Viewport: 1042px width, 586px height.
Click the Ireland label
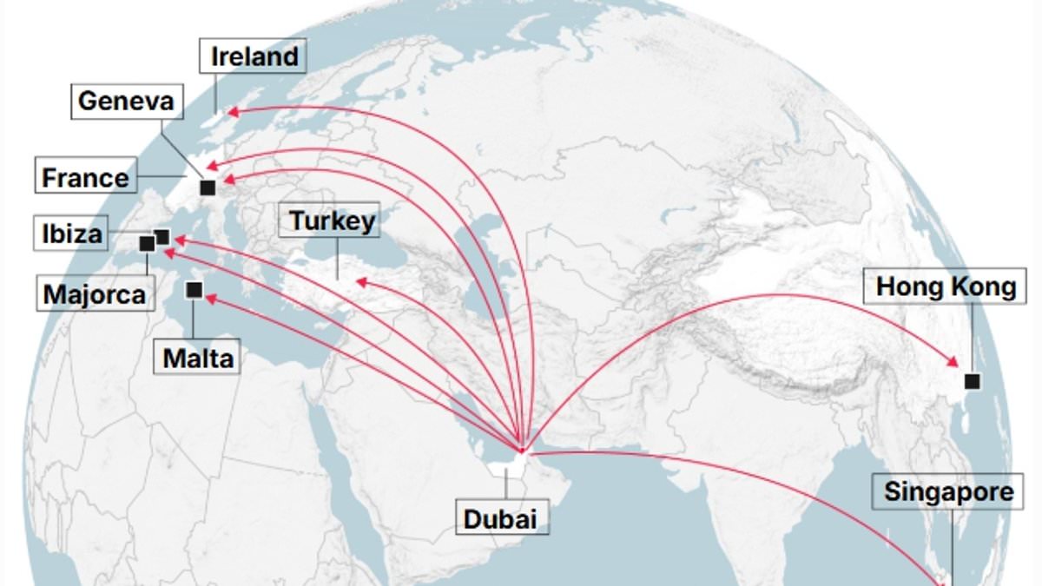[x=254, y=57]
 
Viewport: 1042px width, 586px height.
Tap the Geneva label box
[x=126, y=102]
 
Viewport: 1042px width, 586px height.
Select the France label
[x=85, y=178]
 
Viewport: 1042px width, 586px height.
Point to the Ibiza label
[x=72, y=234]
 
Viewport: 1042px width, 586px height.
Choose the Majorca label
[x=94, y=293]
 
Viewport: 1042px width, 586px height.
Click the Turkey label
[x=332, y=221]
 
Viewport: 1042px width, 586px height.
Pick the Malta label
[x=198, y=356]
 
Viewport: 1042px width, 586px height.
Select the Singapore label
[x=947, y=492]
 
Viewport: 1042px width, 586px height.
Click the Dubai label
[x=499, y=519]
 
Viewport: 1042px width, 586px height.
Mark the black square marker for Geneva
[x=207, y=187]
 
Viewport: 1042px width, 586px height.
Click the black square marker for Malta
[x=195, y=291]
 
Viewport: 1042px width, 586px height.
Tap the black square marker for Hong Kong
[x=972, y=380]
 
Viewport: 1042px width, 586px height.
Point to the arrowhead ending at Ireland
[x=231, y=111]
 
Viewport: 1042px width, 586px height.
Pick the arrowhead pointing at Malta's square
[x=208, y=298]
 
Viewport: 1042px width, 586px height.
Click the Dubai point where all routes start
[x=521, y=449]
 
